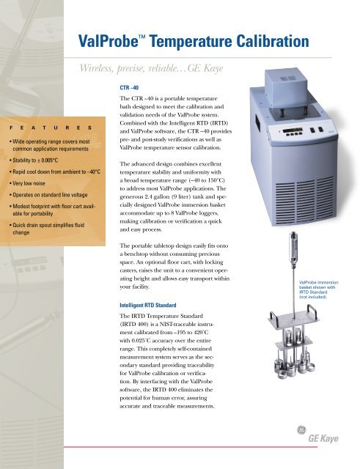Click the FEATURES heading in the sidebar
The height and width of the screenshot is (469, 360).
[45, 127]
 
